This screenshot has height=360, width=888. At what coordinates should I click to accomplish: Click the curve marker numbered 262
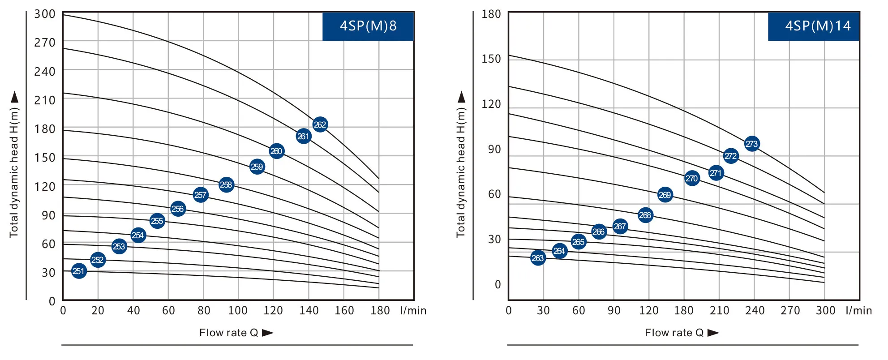click(320, 124)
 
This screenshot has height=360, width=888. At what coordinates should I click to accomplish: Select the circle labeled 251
click(79, 271)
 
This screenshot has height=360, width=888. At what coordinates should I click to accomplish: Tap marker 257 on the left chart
click(201, 195)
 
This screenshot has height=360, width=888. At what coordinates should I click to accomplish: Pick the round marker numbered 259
click(257, 167)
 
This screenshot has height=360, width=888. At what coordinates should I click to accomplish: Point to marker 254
click(138, 235)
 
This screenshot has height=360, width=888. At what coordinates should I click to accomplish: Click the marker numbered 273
click(752, 144)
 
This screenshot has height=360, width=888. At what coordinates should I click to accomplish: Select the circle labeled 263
click(538, 258)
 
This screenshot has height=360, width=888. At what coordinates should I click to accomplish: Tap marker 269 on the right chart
click(665, 195)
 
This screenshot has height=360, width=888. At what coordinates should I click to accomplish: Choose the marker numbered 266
click(599, 232)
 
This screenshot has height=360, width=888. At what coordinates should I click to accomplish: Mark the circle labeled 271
click(716, 173)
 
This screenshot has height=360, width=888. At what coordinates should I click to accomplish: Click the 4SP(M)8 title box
click(368, 26)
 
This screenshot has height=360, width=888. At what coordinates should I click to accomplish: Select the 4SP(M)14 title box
click(814, 26)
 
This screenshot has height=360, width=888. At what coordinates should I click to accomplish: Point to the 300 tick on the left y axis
click(45, 14)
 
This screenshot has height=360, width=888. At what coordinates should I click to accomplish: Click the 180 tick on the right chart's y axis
click(491, 14)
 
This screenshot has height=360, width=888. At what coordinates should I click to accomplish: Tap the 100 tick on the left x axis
click(238, 311)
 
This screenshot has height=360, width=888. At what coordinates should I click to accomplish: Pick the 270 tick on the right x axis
click(790, 311)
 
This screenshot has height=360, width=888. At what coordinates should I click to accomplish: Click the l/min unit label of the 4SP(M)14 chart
click(858, 311)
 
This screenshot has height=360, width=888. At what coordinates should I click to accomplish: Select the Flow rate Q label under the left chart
click(229, 333)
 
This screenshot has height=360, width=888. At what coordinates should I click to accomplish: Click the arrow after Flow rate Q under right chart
click(713, 333)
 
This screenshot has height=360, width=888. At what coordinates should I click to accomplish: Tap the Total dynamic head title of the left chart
click(14, 172)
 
